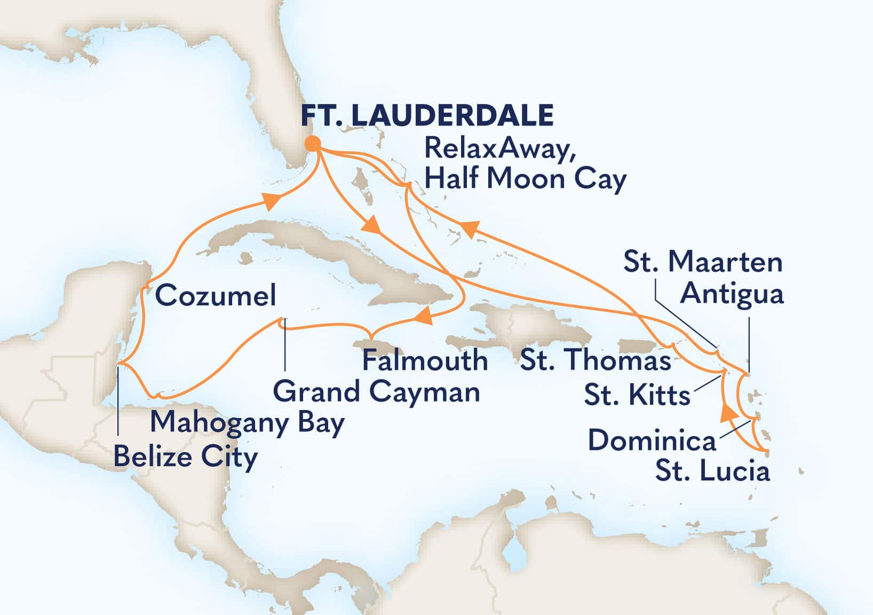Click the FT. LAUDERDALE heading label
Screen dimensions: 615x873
coord(427,115)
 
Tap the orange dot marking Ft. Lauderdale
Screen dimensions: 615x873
coord(313,144)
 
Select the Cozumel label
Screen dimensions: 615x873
coord(216,295)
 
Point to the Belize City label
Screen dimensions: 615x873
coord(185,457)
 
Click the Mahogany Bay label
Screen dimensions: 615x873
coord(247,423)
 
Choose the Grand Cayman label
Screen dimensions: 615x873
coord(376,392)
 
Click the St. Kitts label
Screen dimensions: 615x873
coord(637,396)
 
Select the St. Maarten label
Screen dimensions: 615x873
coord(703,262)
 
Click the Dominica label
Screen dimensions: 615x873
coord(652,441)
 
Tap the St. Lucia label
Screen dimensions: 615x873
coord(712,472)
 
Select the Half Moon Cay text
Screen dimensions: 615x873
coord(525,179)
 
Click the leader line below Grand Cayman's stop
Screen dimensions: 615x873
coord(284,347)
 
